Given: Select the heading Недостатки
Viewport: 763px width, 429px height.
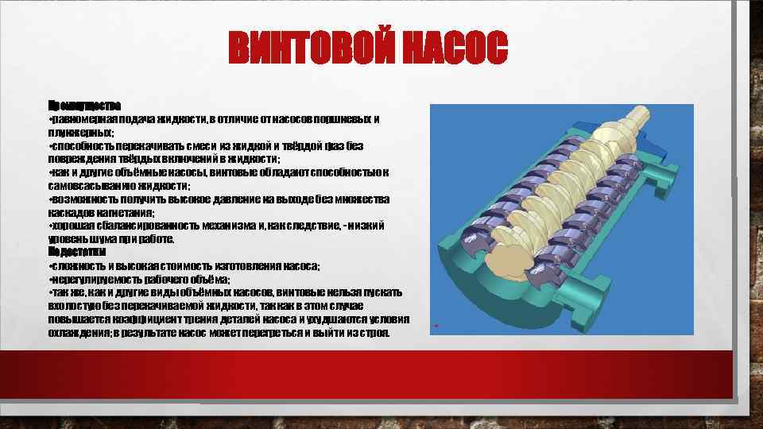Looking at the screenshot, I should coord(77,252).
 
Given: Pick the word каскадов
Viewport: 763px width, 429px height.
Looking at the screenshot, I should coord(69,213).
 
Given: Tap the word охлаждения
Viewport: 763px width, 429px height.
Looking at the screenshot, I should coord(79,333).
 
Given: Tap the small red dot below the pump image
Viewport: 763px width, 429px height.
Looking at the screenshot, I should coord(436,327).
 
